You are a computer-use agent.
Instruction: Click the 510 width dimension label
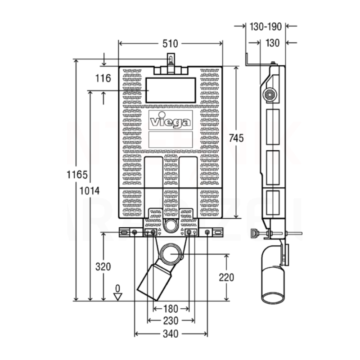(x=171, y=44)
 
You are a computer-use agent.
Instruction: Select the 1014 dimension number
(x=90, y=190)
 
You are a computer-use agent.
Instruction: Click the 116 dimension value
(x=103, y=78)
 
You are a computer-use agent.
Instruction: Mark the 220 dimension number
(x=226, y=277)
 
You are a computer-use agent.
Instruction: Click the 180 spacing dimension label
(x=170, y=309)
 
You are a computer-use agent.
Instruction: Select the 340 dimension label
(x=171, y=334)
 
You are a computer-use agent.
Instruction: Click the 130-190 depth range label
(x=265, y=27)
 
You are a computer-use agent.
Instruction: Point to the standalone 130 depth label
(x=273, y=43)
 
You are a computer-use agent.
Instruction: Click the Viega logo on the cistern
(x=171, y=121)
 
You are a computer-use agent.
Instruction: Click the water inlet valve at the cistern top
(x=170, y=61)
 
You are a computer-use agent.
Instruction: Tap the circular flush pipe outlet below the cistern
(x=171, y=226)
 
